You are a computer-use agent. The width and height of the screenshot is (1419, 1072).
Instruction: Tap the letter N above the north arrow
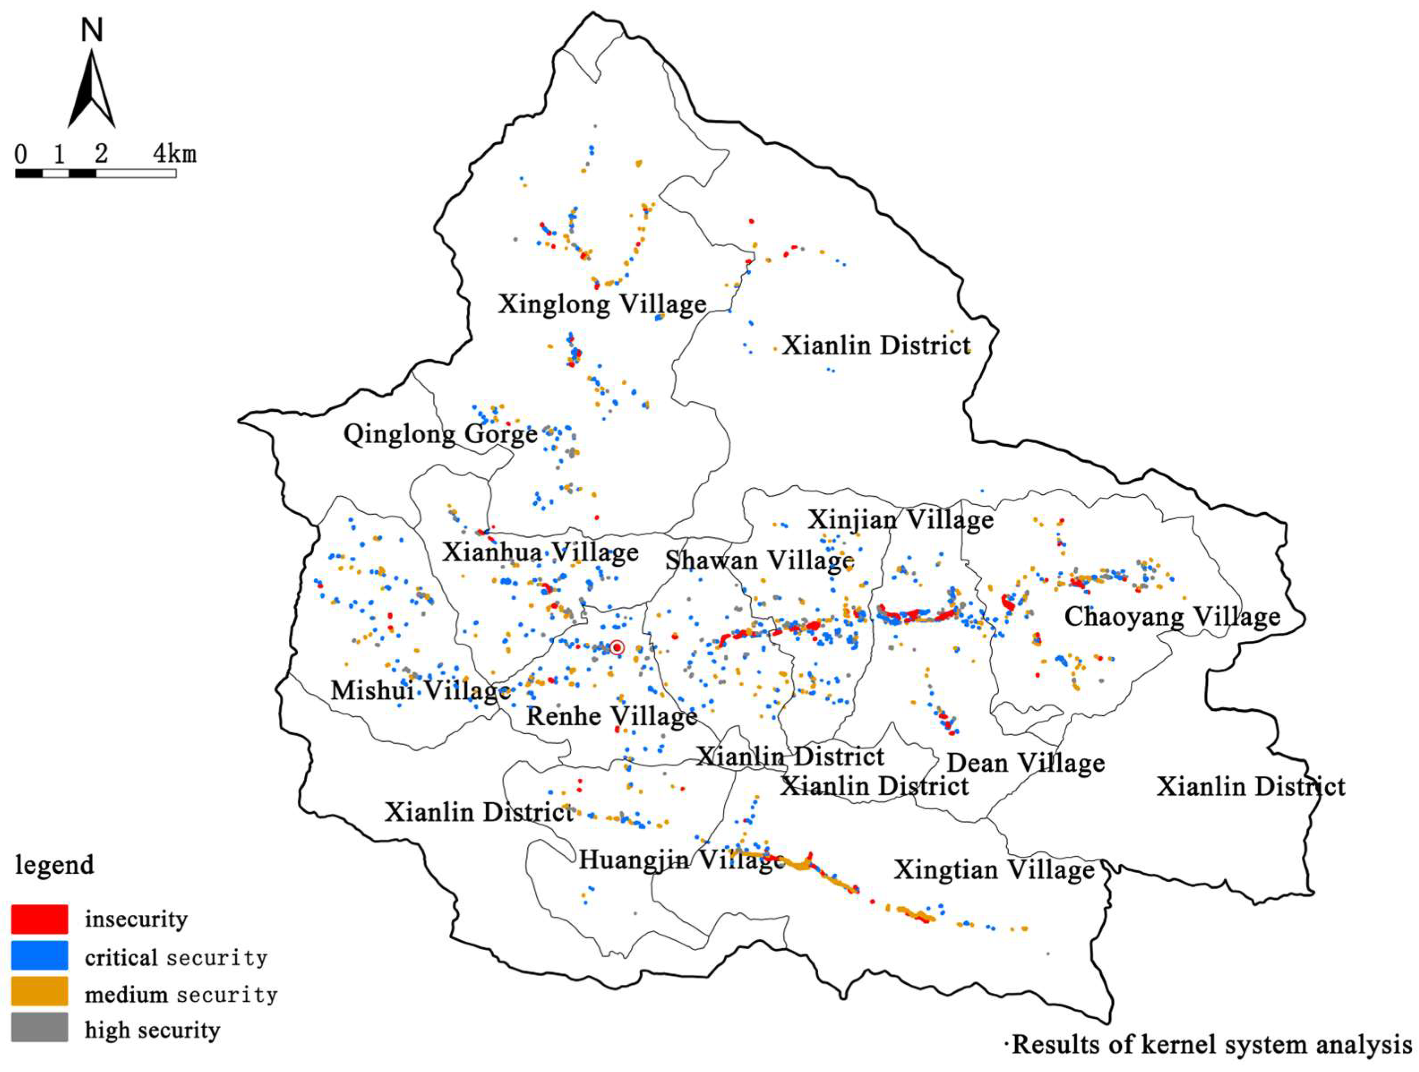coord(92,30)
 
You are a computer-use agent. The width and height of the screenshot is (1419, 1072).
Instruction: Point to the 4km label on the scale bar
coord(175,154)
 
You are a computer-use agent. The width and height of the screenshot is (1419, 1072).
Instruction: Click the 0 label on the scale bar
coord(21,154)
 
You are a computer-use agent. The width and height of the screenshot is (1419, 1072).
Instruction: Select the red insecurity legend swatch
coord(40,918)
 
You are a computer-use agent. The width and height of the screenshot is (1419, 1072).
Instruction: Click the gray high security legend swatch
coord(40,1028)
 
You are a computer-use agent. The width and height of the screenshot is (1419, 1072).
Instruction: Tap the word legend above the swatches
coord(55,865)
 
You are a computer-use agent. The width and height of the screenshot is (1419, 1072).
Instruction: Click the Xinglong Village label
coord(602,303)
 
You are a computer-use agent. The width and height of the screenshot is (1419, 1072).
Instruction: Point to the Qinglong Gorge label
coord(440,434)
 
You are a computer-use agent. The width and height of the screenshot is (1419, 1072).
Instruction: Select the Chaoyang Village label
coord(1172,616)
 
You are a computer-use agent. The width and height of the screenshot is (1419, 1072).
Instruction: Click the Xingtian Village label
coord(994,870)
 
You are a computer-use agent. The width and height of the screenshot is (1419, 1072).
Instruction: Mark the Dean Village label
coord(1025,763)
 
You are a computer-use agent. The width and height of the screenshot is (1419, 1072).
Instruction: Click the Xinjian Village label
coord(900,520)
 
